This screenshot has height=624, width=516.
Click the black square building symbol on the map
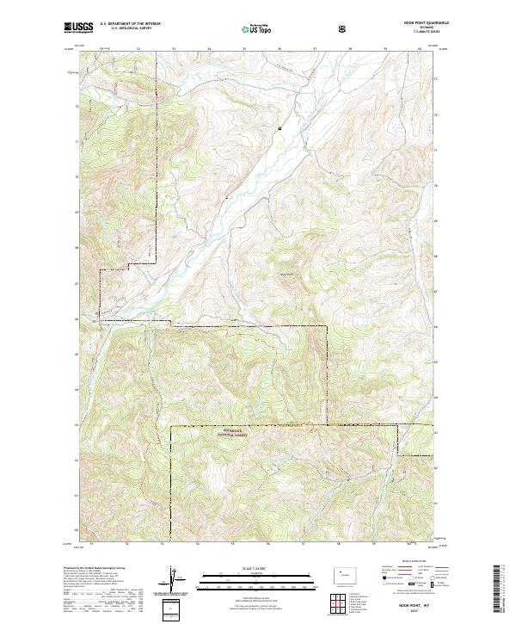279,128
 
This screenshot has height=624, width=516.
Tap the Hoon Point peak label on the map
286,275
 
